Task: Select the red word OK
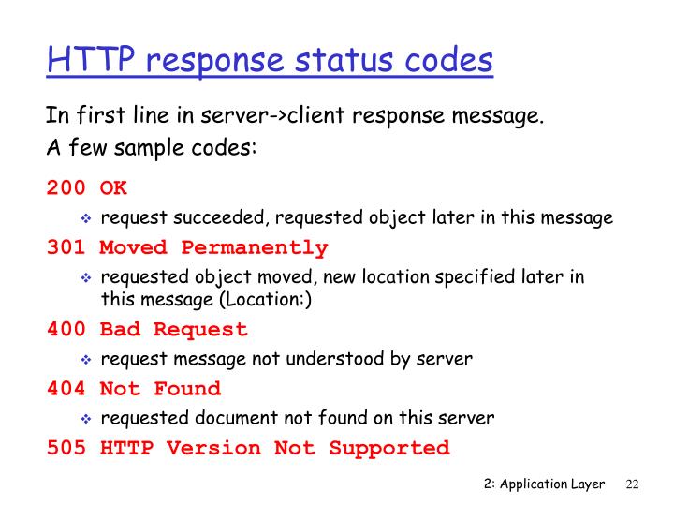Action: [113, 188]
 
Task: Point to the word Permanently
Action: [255, 248]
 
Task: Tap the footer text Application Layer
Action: [556, 484]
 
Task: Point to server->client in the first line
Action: [233, 118]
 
